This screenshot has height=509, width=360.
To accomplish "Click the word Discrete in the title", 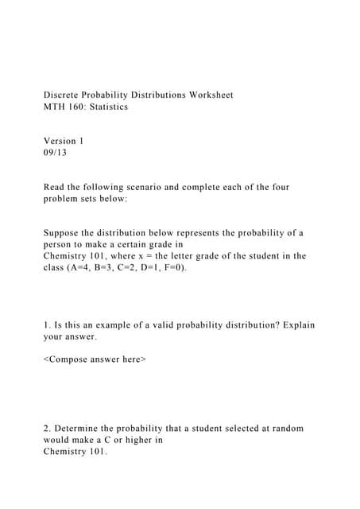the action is pyautogui.click(x=63, y=95).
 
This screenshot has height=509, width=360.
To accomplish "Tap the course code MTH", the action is pyautogui.click(x=55, y=107).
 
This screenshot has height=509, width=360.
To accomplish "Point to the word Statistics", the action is pyautogui.click(x=108, y=107).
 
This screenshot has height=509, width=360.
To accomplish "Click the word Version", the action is pyautogui.click(x=61, y=141).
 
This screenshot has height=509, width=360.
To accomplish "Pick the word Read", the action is pyautogui.click(x=54, y=187).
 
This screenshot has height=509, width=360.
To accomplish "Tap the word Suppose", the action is pyautogui.click(x=63, y=233).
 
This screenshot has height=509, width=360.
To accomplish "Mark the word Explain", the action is pyautogui.click(x=296, y=325).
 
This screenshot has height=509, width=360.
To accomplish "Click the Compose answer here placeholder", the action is pyautogui.click(x=95, y=359).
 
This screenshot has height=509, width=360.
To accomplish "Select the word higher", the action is pyautogui.click(x=127, y=440).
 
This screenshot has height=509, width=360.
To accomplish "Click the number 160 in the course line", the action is pyautogui.click(x=78, y=107).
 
